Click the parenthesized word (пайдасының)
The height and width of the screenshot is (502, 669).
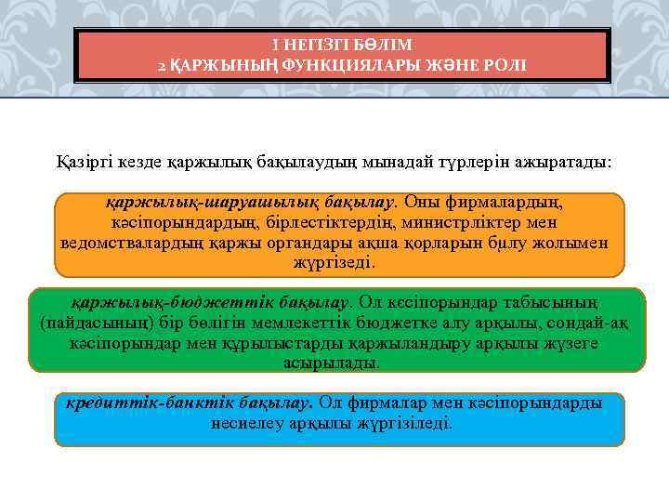(x=91, y=323)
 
